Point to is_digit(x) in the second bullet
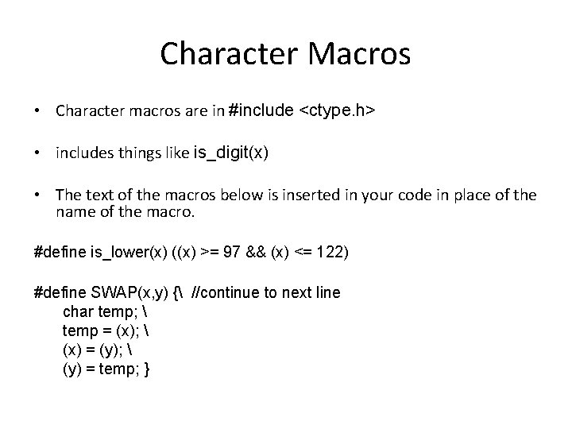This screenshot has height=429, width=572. (230, 153)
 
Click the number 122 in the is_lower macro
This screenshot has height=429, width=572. (330, 252)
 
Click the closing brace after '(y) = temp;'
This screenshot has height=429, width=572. (148, 369)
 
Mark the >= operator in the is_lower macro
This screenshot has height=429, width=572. (209, 252)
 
